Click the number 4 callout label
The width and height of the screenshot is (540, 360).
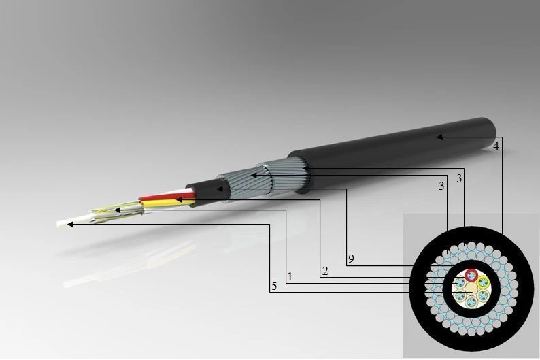(x=496, y=146)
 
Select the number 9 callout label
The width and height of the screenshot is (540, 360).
(x=350, y=259)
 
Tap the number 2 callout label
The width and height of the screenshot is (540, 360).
(x=325, y=272)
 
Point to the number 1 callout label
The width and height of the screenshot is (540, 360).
(x=290, y=277)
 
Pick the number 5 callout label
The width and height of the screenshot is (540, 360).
(x=274, y=287)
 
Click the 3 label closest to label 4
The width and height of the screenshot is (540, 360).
(x=460, y=178)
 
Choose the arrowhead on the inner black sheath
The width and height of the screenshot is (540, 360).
(x=220, y=188)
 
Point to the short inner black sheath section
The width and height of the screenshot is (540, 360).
(x=204, y=191)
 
